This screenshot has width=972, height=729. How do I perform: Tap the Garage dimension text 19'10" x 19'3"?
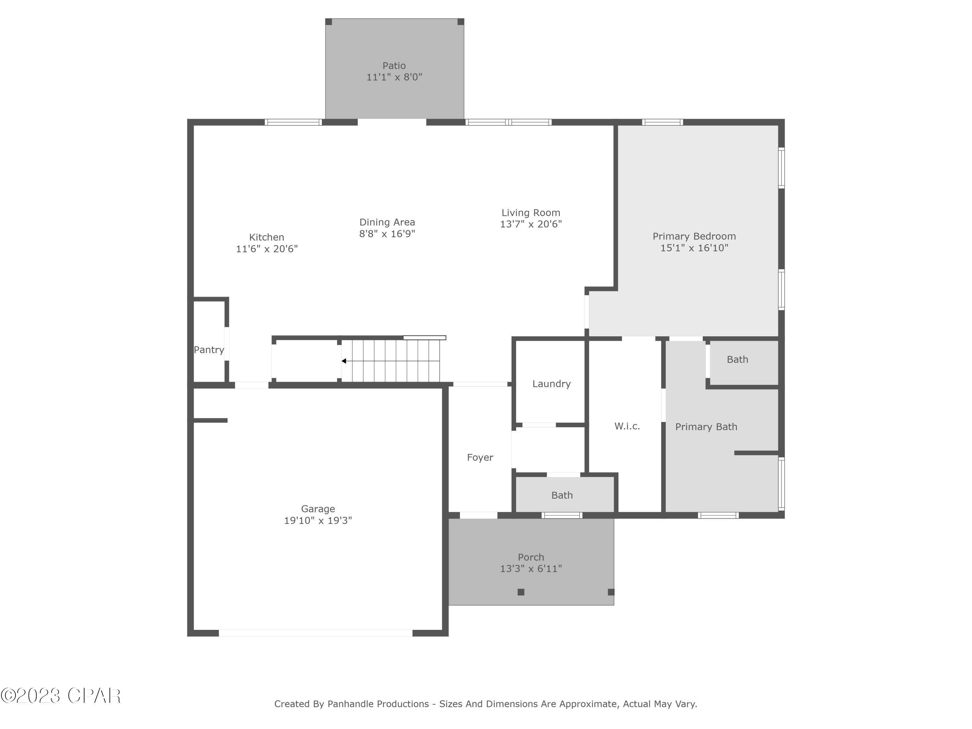[x=318, y=521]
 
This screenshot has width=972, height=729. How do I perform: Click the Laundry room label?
[x=551, y=384]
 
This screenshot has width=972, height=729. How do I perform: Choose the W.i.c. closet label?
[x=627, y=426]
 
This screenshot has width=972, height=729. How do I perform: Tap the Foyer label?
[x=480, y=457]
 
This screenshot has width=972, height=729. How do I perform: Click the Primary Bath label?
[x=706, y=427]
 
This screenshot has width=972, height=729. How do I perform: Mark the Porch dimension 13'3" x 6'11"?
[x=531, y=569]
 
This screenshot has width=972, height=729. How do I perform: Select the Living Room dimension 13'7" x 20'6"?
[x=531, y=224]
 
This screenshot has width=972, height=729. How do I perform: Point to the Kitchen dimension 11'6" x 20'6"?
[x=267, y=249]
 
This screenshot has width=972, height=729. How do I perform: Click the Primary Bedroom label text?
[x=694, y=237]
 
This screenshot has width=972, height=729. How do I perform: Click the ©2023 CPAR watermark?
[x=61, y=696]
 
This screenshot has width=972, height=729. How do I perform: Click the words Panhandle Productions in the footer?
[x=378, y=704]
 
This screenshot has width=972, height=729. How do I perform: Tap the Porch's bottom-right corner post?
[x=611, y=592]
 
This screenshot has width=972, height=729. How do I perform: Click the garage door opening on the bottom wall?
[x=316, y=633]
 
